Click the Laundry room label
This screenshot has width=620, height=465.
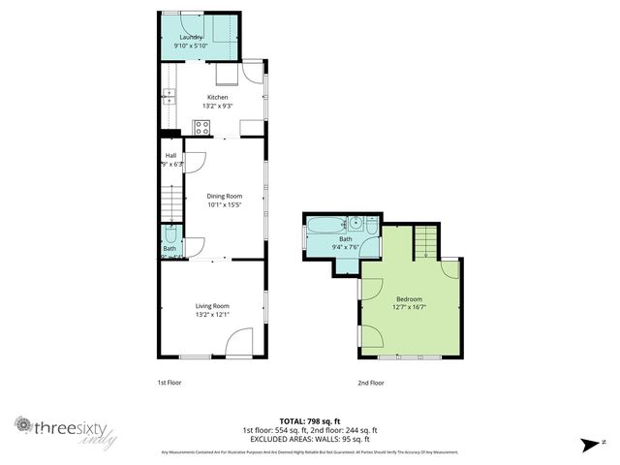(x=190, y=37)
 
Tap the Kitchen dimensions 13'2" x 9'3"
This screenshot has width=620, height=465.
(x=216, y=106)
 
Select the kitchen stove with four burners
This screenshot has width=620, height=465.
(x=202, y=127)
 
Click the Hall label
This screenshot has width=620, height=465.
(x=170, y=155)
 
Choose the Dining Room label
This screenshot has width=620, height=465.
(x=223, y=197)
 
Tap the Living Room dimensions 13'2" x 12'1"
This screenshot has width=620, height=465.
(x=212, y=315)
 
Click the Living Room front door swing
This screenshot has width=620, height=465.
(x=238, y=342)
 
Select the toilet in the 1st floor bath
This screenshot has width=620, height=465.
(x=170, y=234)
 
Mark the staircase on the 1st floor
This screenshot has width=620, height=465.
(x=170, y=203)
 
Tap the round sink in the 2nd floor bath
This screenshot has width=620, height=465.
(x=356, y=225)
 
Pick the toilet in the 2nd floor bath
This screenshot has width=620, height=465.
(x=370, y=223)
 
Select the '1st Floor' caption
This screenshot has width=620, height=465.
(x=170, y=383)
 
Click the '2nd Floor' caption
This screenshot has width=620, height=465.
(x=371, y=383)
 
